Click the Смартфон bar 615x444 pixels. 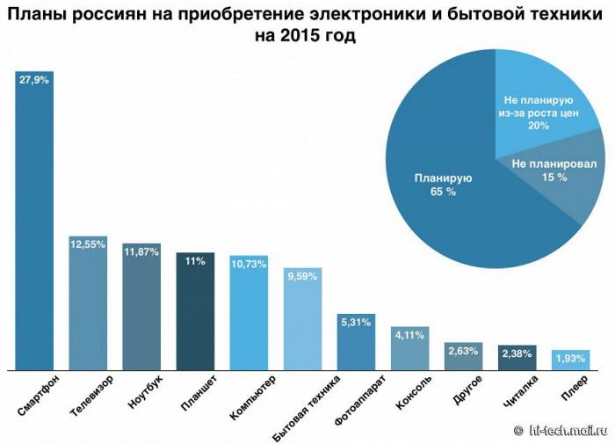click(x=34, y=220)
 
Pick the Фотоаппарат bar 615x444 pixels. click(x=356, y=343)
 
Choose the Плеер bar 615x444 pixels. click(x=570, y=360)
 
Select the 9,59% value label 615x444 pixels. click(x=302, y=275)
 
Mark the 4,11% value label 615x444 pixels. click(x=409, y=334)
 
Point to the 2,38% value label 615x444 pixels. click(x=517, y=354)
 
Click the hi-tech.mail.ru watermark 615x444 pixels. click(x=562, y=431)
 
